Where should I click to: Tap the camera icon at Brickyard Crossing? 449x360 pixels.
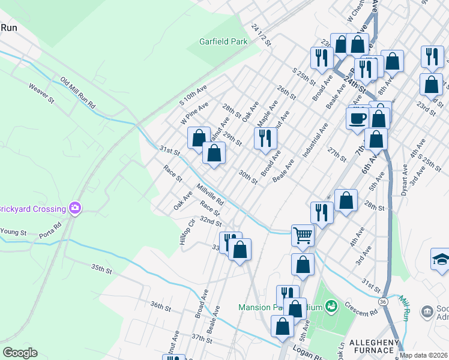click(75, 208)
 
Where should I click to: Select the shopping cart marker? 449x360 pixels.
click(303, 235)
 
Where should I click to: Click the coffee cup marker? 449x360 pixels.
click(357, 117)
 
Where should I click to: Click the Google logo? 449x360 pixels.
click(20, 353)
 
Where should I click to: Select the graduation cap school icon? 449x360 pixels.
click(441, 259)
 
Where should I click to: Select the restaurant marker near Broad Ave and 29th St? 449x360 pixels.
click(265, 138)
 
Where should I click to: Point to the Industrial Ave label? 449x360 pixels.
click(315, 140)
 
